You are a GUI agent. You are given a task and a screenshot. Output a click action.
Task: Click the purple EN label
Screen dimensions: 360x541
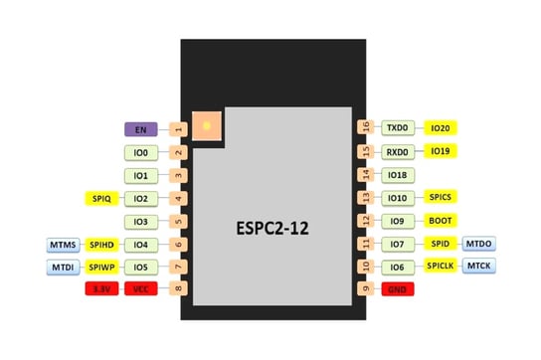[141, 129]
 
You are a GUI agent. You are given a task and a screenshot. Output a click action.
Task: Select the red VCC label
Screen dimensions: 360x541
[141, 289]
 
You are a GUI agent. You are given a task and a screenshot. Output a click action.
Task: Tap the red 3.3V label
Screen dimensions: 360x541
[100, 289]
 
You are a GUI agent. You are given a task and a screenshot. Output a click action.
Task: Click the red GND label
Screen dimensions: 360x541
[397, 289]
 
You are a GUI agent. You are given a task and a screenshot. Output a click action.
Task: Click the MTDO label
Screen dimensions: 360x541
[479, 244]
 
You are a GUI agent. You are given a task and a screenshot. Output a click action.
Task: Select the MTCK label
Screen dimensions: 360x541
[479, 267]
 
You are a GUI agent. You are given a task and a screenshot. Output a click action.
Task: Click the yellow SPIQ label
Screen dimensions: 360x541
[100, 199]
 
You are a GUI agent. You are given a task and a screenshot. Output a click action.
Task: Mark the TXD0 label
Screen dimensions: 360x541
[397, 128]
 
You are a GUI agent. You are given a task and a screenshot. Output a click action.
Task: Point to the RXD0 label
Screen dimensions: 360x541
[397, 152]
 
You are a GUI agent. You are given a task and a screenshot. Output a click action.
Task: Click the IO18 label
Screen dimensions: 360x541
[397, 175]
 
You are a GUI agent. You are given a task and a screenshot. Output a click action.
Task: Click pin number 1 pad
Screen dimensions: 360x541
[178, 129]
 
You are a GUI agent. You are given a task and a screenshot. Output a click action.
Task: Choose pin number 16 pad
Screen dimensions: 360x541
[365, 128]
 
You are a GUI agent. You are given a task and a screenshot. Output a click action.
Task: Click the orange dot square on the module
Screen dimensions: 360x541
[207, 125]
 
